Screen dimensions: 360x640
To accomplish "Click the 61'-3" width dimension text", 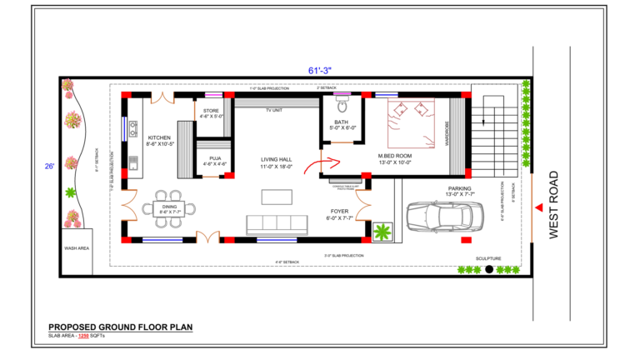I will tap(320, 71).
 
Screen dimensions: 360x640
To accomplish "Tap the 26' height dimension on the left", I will tap(50, 167).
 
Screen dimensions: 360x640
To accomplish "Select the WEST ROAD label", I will tap(556, 206).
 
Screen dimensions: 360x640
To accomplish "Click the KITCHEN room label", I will tap(159, 138).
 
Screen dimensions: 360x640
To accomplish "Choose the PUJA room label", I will tap(215, 158).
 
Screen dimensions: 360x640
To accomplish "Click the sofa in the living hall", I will tap(271, 224).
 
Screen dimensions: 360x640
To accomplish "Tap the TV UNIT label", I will tap(275, 110).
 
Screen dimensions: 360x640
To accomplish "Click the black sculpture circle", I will tap(488, 269).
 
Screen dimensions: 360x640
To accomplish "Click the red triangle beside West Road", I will tap(540, 206).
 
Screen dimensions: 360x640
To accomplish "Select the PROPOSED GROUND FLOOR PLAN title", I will tap(120, 327).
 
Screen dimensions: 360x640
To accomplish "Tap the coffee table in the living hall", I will tap(277, 197).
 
